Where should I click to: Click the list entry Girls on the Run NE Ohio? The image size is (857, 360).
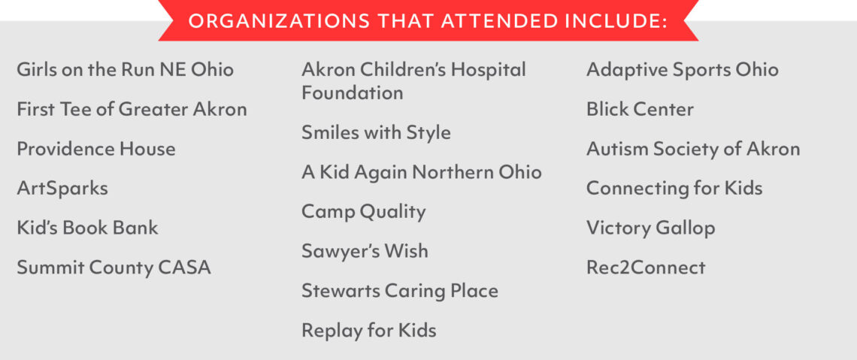(x=125, y=70)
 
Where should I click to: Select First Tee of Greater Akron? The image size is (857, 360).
(x=132, y=109)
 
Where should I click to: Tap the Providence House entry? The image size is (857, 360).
(x=96, y=149)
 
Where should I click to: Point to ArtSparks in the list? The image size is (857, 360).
(x=62, y=189)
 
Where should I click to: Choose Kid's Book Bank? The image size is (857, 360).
(x=87, y=228)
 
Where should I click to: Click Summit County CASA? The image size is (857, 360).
(x=114, y=268)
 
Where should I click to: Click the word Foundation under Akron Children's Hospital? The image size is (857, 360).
(x=353, y=93)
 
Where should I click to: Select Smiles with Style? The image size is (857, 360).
(x=376, y=133)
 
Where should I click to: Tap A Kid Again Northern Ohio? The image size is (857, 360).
(x=422, y=173)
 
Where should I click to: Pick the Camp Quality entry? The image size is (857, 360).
(x=363, y=212)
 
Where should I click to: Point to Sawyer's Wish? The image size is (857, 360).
(x=365, y=252)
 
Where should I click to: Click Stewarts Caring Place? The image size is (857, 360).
(x=399, y=291)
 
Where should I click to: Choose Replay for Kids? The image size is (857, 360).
(x=369, y=331)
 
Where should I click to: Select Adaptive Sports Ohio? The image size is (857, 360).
(x=682, y=70)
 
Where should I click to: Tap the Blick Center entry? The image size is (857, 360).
(x=640, y=109)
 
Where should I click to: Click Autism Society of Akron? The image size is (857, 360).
(x=693, y=149)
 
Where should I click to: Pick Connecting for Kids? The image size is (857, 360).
(x=674, y=189)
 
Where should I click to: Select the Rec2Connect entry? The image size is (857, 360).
(x=646, y=268)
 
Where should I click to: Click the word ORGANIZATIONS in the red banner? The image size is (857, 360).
(x=279, y=21)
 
